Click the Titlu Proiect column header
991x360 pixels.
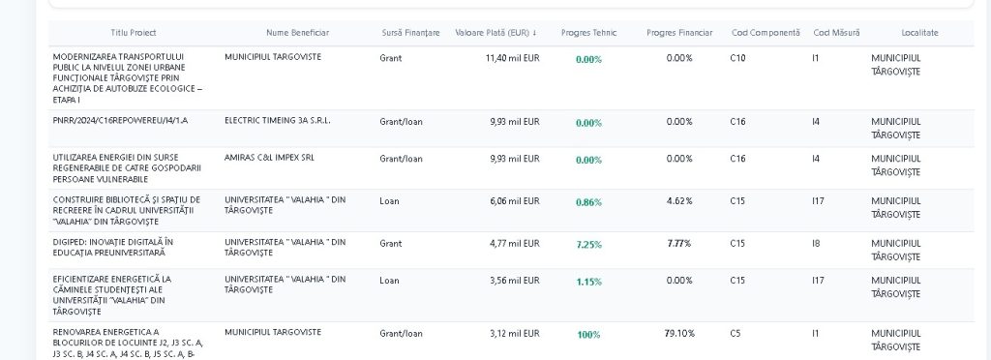tap(134, 33)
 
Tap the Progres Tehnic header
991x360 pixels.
tap(588, 33)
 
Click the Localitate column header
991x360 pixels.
tap(919, 33)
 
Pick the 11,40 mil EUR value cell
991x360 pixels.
tap(513, 58)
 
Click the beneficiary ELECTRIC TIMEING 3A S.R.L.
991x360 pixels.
tap(278, 120)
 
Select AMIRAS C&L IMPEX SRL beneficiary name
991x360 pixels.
tap(269, 158)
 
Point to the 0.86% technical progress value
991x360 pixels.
tap(588, 202)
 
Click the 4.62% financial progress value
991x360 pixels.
tap(679, 201)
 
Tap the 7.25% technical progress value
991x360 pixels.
tap(588, 245)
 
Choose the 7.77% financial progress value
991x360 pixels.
tap(679, 243)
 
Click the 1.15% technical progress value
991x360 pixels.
tap(588, 282)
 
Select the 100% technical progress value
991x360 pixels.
tap(588, 335)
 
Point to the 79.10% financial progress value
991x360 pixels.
tap(679, 334)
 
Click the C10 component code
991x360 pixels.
tap(737, 58)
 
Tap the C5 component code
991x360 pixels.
tap(736, 334)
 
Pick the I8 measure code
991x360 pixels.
tap(815, 243)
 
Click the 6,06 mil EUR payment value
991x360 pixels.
tap(515, 201)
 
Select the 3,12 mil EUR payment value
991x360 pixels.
tap(515, 334)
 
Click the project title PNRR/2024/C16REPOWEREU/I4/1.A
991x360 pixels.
tap(120, 120)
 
